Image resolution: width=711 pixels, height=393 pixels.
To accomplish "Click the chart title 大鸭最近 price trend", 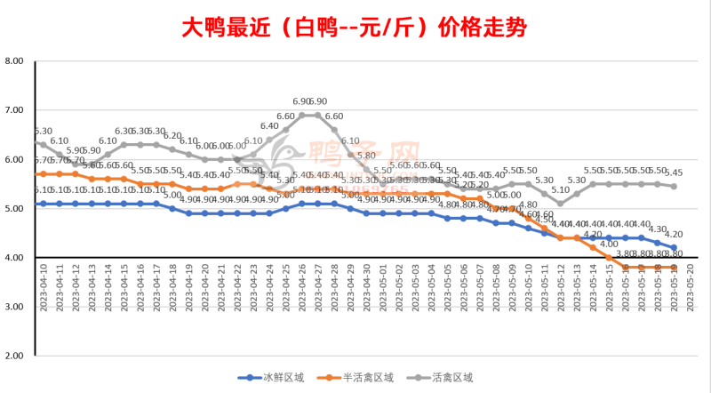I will tap(355, 28).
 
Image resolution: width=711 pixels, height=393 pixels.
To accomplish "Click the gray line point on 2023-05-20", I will tap(674, 186).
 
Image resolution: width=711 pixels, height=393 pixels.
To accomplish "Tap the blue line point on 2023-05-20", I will tap(674, 247).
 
